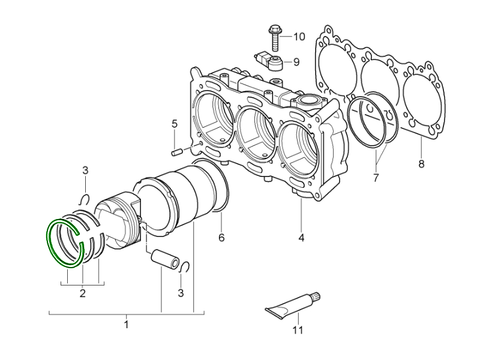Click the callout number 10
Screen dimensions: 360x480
tap(299, 37)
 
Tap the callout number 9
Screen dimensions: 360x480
tap(296, 61)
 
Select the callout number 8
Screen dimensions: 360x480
tap(421, 164)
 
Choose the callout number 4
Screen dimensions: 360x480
tap(301, 238)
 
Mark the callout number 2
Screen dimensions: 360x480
tap(83, 293)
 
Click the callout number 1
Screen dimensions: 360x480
tap(126, 325)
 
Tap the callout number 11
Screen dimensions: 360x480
tap(298, 330)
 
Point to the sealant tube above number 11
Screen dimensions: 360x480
tap(292, 304)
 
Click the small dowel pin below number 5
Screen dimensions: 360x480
tap(176, 151)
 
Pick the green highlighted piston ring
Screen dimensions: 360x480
tap(65, 243)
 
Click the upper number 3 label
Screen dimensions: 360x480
tap(85, 171)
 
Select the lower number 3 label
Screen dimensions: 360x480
tap(181, 293)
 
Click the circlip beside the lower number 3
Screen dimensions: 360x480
tap(185, 267)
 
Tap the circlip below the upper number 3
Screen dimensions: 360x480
tap(85, 200)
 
